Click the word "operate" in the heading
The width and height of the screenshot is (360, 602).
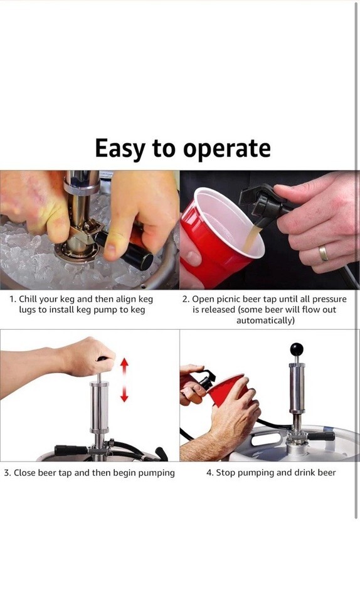point(226,149)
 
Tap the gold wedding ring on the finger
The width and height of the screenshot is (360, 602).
point(324,253)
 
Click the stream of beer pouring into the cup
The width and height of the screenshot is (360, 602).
point(253,237)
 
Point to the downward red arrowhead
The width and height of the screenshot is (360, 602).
point(124,396)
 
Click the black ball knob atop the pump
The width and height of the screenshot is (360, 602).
point(296,349)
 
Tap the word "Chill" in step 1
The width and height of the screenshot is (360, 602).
point(28,299)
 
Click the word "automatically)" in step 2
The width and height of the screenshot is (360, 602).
point(265,320)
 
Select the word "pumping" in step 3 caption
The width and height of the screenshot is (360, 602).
point(156,473)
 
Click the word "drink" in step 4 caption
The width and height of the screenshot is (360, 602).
point(292,473)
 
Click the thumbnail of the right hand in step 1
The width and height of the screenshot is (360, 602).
point(110,249)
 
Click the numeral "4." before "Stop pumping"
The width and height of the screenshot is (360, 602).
point(209,473)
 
